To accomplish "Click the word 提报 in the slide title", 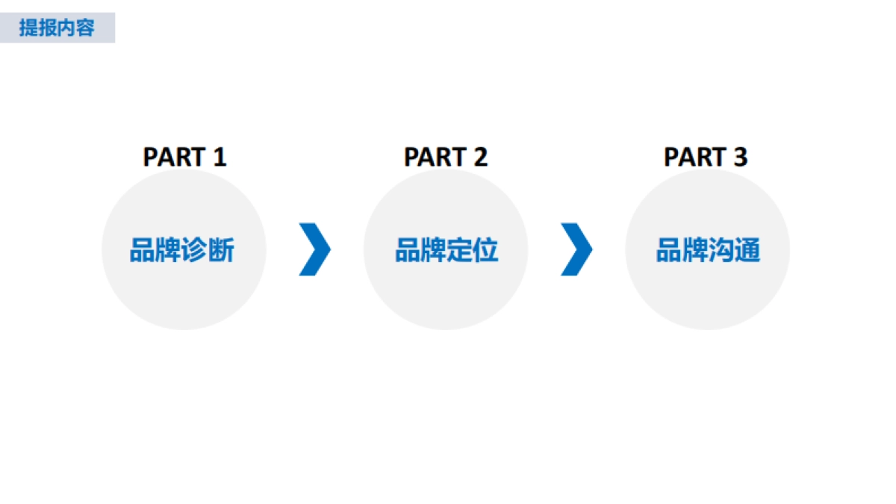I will click(38, 29).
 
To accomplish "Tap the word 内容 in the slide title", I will click(75, 29).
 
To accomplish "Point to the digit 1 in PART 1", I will click(219, 158).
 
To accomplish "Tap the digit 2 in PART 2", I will click(480, 158).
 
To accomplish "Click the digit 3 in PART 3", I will click(740, 158).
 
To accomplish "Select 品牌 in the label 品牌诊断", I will click(156, 251).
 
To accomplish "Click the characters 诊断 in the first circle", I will click(208, 251).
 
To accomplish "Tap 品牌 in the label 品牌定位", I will click(420, 251).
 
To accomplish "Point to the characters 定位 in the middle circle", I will click(473, 251).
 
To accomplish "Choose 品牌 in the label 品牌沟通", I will click(682, 251).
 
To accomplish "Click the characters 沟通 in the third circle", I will click(735, 251).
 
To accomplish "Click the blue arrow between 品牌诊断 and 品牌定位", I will click(314, 249).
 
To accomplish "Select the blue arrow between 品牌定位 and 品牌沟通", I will click(576, 249).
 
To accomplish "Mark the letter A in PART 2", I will click(428, 158).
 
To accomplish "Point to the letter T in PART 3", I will click(718, 158).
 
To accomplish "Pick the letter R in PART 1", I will click(183, 158).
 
